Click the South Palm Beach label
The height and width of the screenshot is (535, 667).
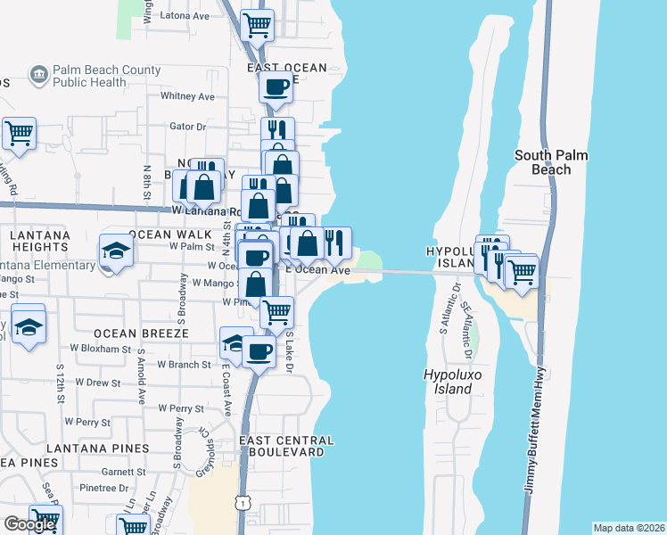click(x=551, y=162)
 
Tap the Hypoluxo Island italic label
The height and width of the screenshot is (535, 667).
click(x=448, y=383)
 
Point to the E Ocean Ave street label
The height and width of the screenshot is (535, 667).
click(x=317, y=269)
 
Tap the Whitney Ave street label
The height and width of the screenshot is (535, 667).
click(x=187, y=96)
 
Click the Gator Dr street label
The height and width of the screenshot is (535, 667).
click(x=187, y=127)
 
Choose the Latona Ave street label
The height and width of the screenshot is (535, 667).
click(x=184, y=16)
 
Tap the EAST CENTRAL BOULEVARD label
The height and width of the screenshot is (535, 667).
click(x=287, y=446)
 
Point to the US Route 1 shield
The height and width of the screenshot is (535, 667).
click(x=242, y=502)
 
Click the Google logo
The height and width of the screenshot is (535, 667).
click(x=29, y=524)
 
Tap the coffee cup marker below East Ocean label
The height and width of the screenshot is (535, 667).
click(x=276, y=86)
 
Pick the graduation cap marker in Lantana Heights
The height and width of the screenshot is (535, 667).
click(x=117, y=251)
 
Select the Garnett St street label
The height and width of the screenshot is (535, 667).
click(x=117, y=472)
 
